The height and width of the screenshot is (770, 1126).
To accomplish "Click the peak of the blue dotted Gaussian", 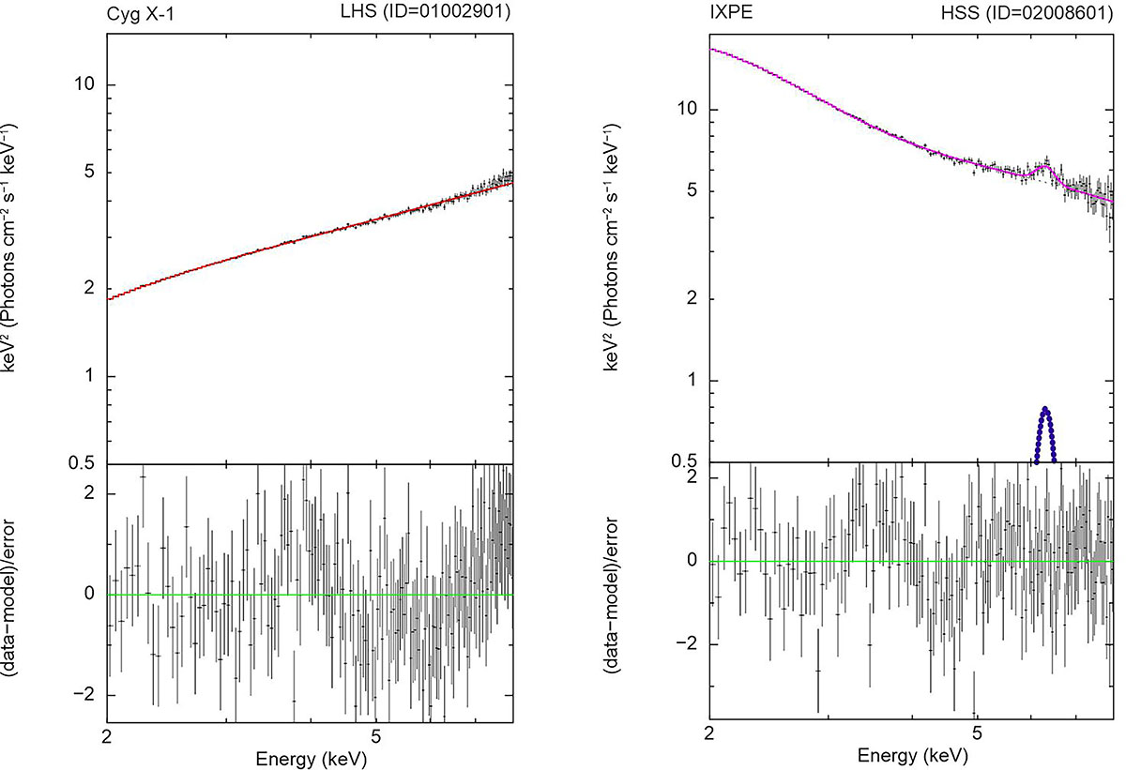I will (x=1045, y=409).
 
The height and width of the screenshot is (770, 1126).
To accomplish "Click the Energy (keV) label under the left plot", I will (x=310, y=757).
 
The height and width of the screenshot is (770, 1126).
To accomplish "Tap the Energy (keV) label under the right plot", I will (x=911, y=757).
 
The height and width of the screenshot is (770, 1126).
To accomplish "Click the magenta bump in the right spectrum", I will (x=1043, y=165).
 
